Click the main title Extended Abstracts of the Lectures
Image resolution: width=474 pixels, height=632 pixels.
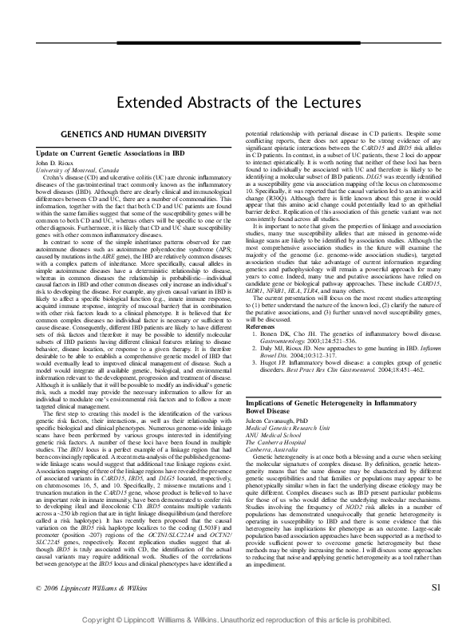(236, 103)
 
